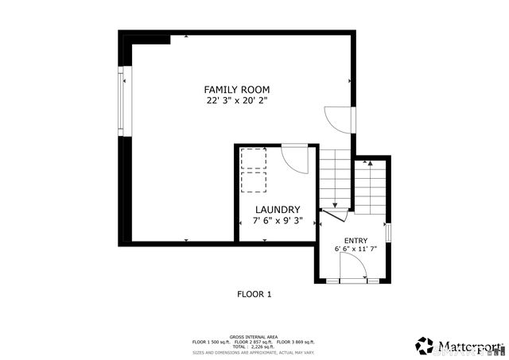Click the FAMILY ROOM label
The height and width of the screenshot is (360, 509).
point(238,90)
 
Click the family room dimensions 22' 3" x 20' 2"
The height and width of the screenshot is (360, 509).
point(238,101)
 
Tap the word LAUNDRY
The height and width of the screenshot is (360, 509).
point(277,210)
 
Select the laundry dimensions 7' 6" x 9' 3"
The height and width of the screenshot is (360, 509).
point(277,221)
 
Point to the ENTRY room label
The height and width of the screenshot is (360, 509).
point(356,240)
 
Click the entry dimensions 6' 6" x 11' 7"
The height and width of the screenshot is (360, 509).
point(356,250)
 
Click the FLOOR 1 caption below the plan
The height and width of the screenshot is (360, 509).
point(254,294)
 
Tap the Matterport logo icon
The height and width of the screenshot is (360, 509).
point(424,346)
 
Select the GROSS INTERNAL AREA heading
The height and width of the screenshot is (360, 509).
point(254,336)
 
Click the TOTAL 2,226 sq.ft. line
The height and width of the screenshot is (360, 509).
point(254,346)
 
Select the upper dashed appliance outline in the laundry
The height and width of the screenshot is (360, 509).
point(254,157)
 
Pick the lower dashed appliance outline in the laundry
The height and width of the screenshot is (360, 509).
point(254,182)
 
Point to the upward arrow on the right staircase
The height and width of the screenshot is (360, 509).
point(370,163)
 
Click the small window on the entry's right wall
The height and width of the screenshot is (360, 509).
point(388,233)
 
